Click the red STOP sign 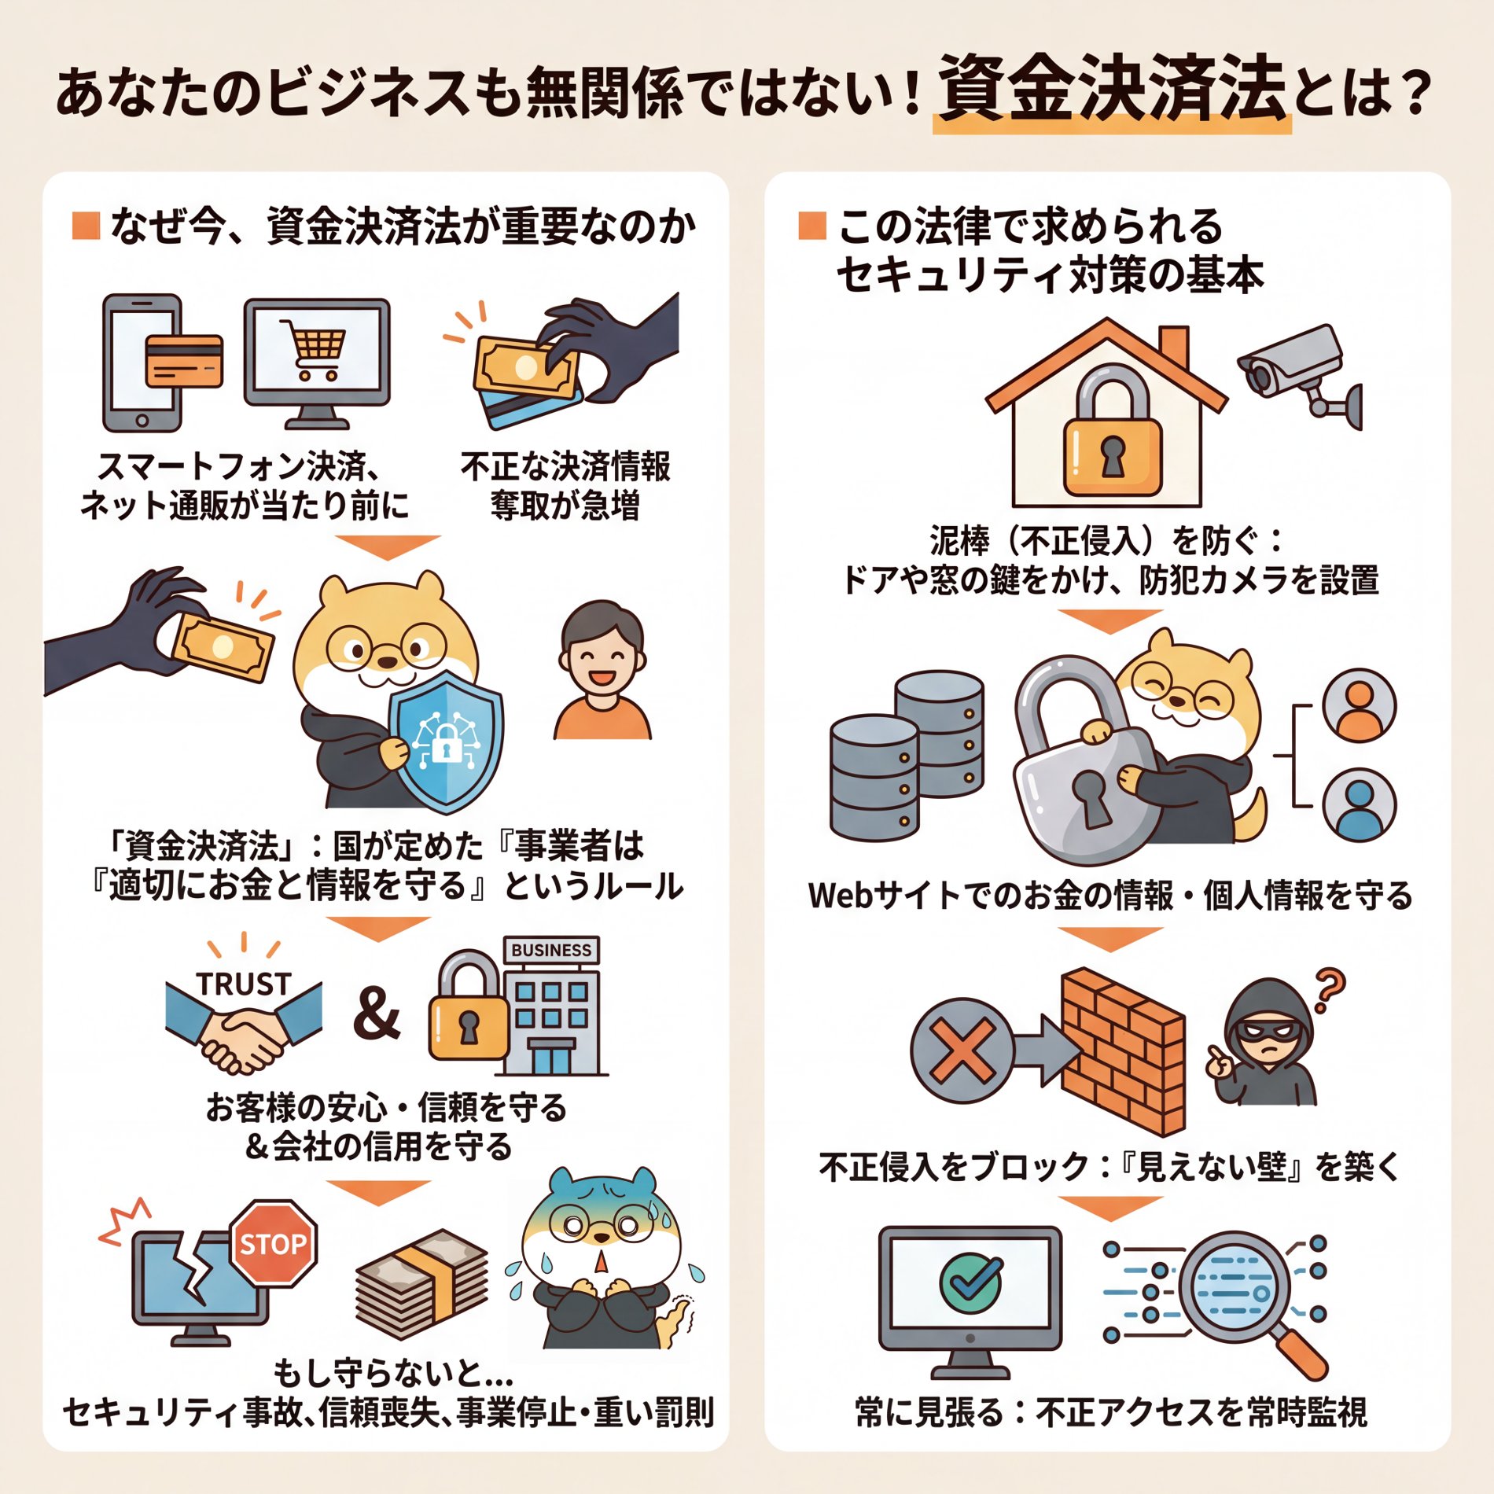click(x=273, y=1243)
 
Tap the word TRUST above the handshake click(x=244, y=984)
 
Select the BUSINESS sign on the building click(x=551, y=950)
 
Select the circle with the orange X click(x=962, y=1051)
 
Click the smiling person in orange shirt click(x=602, y=673)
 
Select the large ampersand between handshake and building click(x=377, y=1014)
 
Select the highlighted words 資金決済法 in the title click(x=1111, y=88)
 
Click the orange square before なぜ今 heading click(x=86, y=225)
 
